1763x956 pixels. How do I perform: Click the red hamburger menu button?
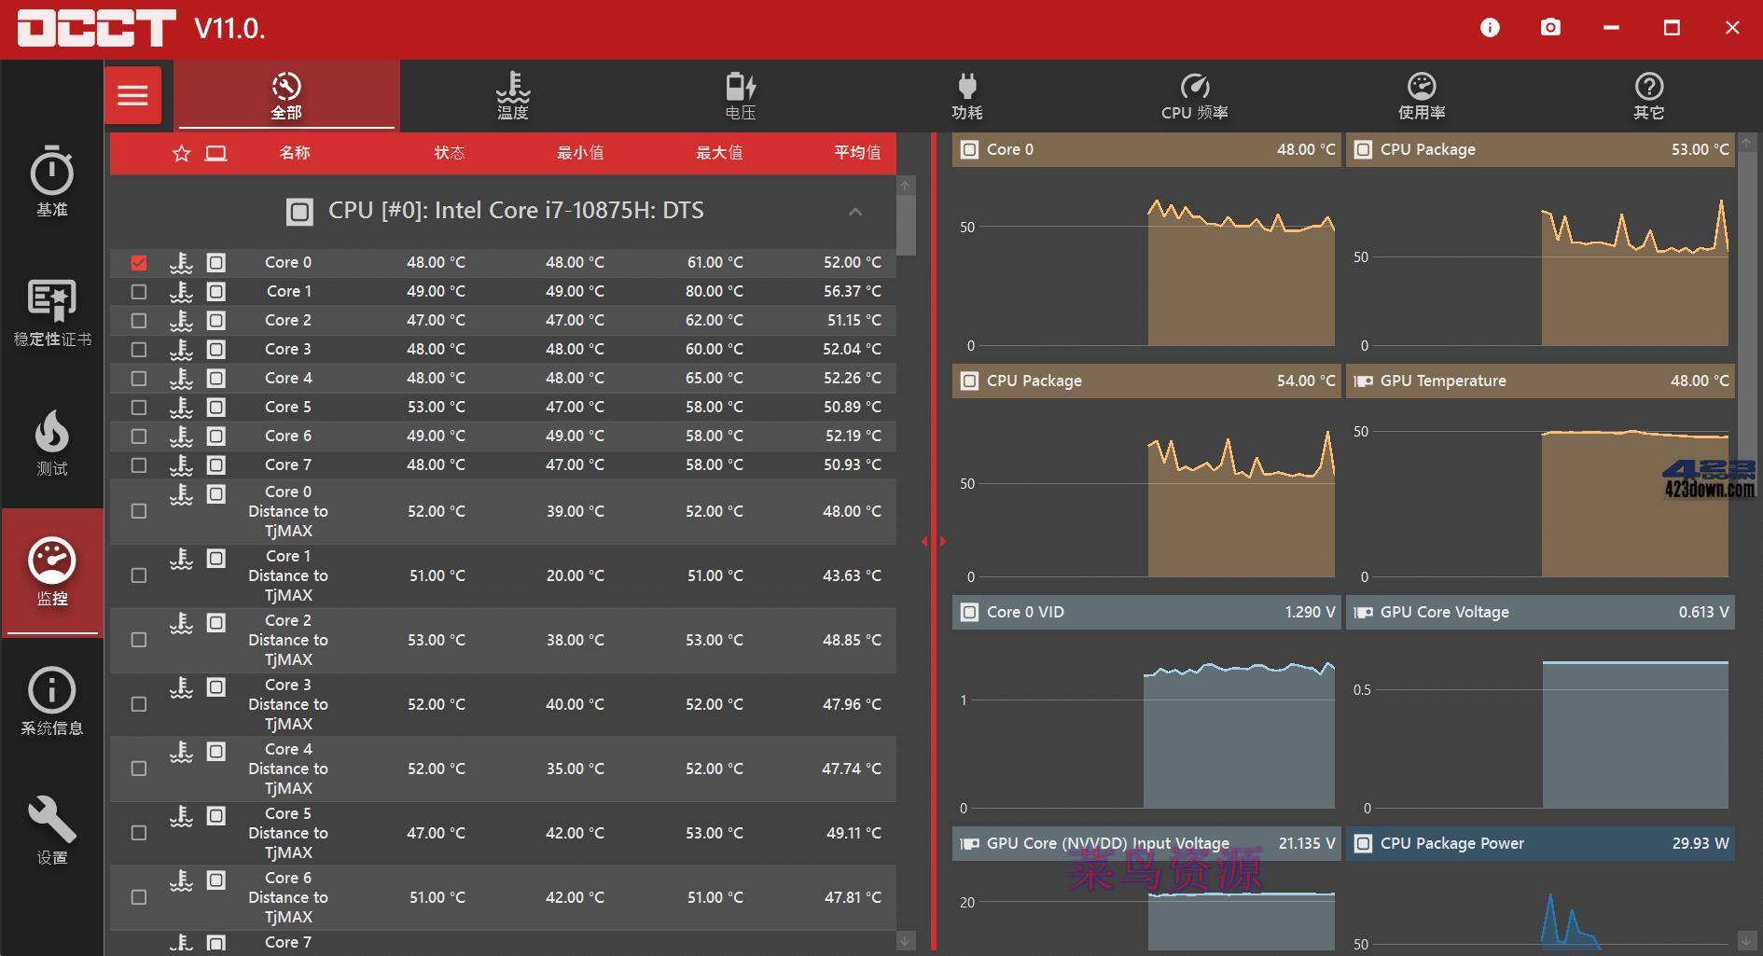[132, 95]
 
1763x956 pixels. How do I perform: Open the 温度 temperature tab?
[512, 95]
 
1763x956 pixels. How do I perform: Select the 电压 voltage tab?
[741, 95]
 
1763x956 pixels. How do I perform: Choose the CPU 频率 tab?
[1194, 95]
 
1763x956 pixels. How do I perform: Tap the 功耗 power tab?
[967, 95]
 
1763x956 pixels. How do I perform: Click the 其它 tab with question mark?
[1648, 95]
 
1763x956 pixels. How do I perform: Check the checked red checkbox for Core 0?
[139, 263]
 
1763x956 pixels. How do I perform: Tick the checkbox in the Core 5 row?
[139, 408]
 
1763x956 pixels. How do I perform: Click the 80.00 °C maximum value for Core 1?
[714, 291]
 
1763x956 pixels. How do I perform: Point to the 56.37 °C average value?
[852, 291]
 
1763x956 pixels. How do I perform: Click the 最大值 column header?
[719, 153]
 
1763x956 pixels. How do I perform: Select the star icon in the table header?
[182, 153]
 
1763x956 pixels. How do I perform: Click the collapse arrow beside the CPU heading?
[855, 212]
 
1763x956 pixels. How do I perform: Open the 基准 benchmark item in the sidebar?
[52, 181]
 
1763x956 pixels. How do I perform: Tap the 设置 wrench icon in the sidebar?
[52, 829]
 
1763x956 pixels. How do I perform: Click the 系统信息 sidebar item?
[52, 700]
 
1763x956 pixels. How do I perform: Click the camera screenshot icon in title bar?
[1550, 28]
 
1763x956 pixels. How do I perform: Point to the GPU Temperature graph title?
[1442, 381]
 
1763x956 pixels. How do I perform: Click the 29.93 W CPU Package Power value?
[1700, 843]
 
